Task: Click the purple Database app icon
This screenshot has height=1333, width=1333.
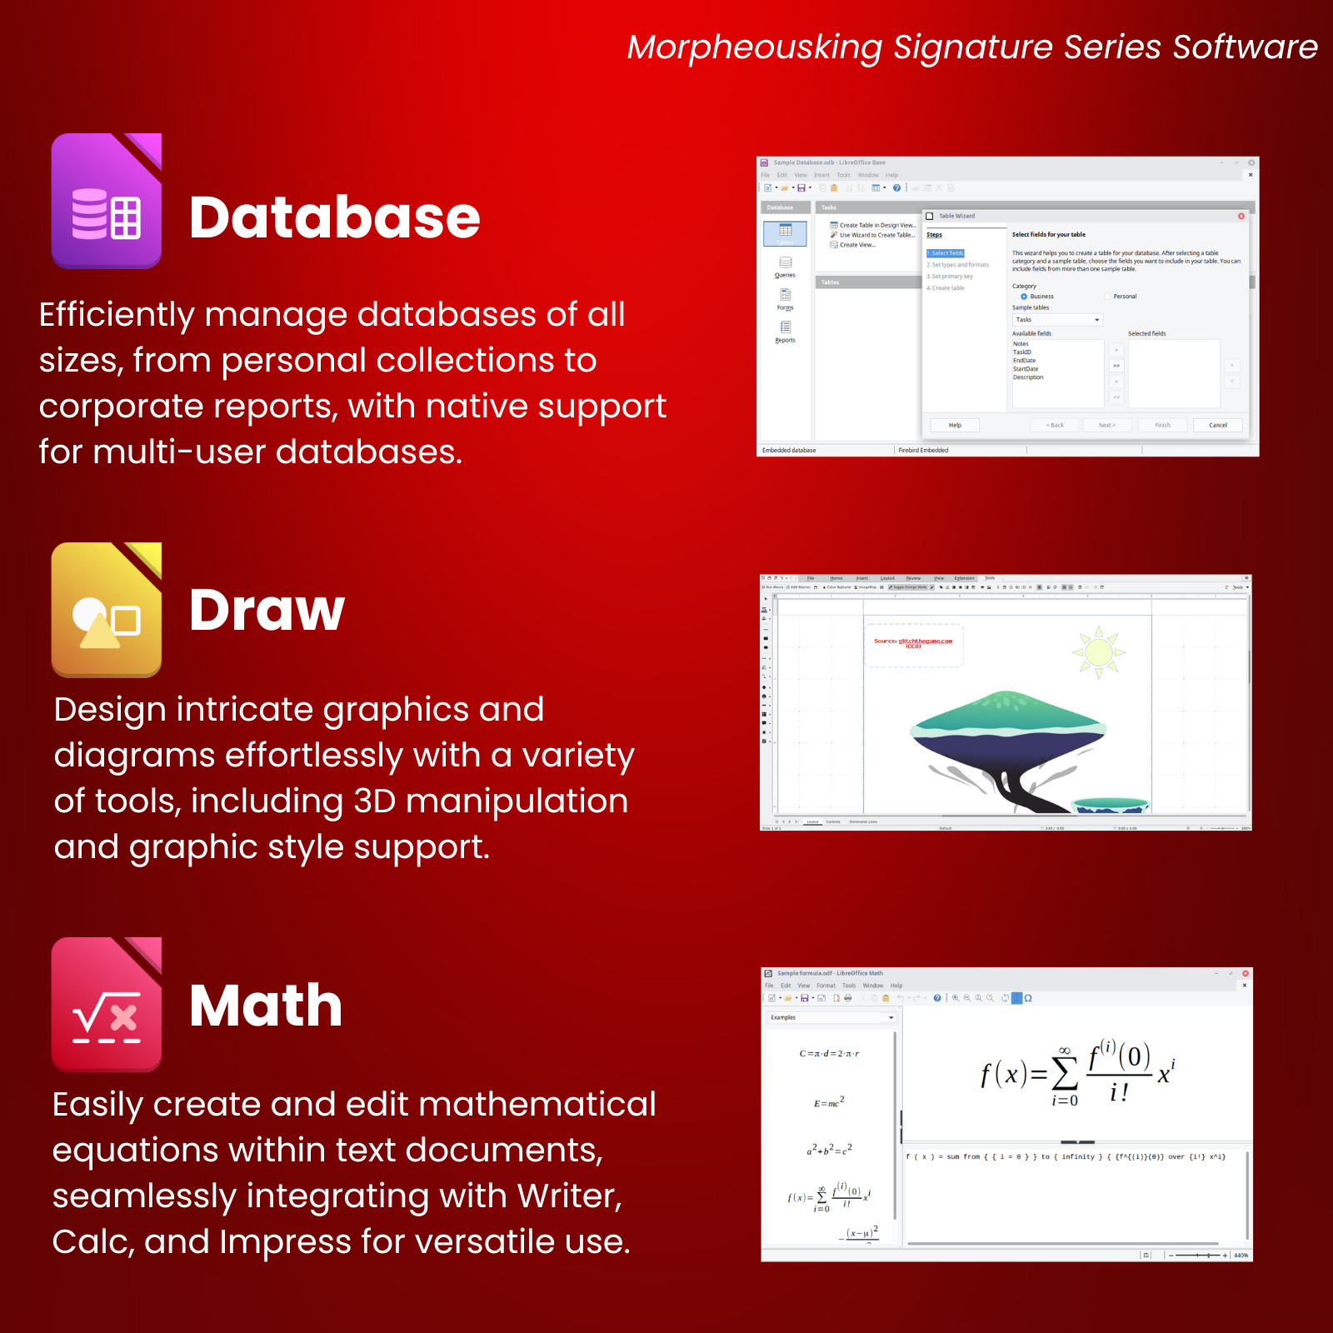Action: [107, 201]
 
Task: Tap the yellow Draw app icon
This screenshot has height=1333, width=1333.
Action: [107, 610]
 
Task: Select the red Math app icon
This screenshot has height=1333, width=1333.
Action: [107, 1004]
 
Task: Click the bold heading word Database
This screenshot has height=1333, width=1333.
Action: [334, 218]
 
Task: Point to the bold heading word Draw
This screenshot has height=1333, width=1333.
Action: [267, 610]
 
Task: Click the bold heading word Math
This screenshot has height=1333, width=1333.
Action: [266, 1006]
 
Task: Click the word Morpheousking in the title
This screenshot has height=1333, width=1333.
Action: [754, 47]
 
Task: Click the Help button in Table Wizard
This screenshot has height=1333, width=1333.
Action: [955, 425]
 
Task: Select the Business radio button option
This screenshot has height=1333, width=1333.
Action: [1024, 297]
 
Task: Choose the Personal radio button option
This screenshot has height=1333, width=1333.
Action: [1107, 297]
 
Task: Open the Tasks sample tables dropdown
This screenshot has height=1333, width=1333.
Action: [1057, 320]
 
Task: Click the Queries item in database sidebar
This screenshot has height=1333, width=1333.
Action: [785, 267]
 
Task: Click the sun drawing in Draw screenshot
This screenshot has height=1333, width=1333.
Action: [1098, 652]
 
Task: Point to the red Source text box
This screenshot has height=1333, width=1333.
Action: [913, 643]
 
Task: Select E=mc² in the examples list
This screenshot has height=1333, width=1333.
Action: [829, 1102]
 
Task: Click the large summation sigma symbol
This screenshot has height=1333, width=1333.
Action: [1065, 1074]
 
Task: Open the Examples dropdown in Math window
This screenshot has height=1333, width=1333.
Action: [831, 1017]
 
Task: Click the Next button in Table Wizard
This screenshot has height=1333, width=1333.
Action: [1106, 425]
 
